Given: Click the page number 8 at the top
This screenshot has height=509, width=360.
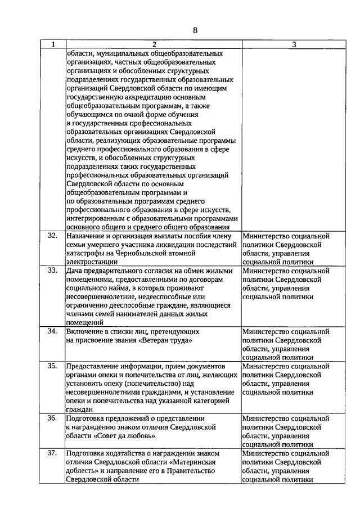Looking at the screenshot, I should coord(195,30).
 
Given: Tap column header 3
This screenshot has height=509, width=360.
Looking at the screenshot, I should coord(294,44).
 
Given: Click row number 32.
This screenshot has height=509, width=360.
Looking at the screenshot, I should coord(52,236).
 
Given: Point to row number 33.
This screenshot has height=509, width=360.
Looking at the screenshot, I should coord(52,270).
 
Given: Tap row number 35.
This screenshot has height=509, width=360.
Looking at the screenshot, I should coord(52,366).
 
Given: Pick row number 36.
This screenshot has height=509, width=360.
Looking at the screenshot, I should coord(52,418).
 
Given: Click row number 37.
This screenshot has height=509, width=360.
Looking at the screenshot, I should coord(52,452).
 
